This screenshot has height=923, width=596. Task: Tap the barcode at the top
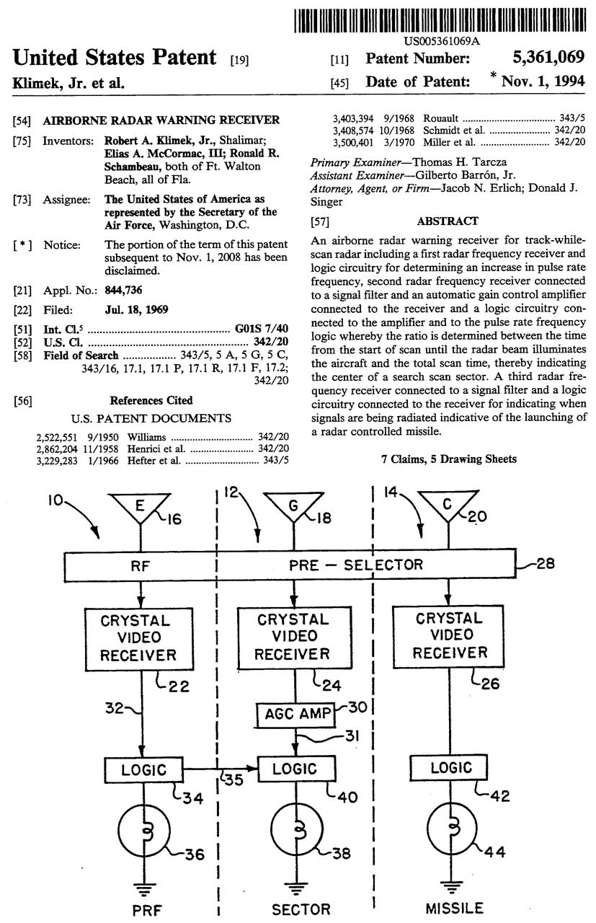442,18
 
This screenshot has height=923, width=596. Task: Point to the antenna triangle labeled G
293,508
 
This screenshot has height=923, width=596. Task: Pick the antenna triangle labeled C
448,507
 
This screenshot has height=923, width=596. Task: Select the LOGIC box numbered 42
450,768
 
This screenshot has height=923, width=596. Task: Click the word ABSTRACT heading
447,221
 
